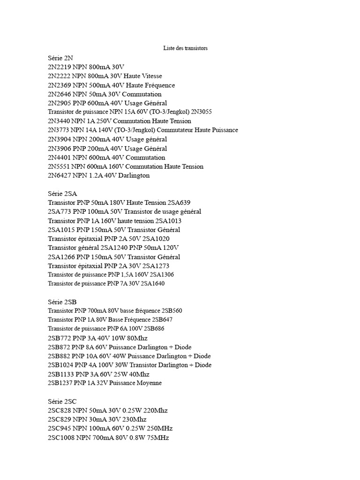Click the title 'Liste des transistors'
[185, 48]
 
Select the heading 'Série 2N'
[60, 58]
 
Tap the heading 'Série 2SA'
[62, 194]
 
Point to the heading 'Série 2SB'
[62, 302]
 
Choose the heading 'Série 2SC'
[62, 401]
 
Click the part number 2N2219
[60, 67]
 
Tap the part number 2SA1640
[152, 284]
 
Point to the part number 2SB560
[172, 311]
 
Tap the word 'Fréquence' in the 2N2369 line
[157, 85]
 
